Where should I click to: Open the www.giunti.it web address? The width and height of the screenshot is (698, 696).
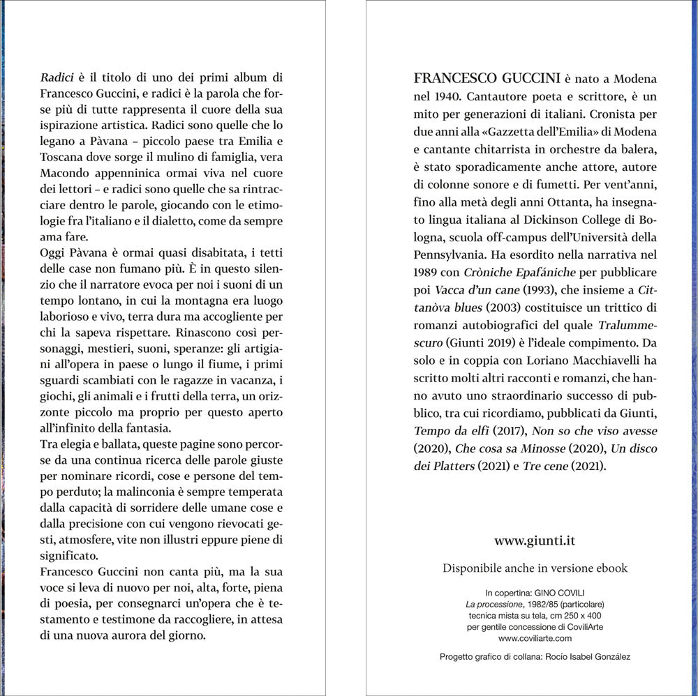coord(535,540)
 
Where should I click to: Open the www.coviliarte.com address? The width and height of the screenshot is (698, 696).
coord(535,637)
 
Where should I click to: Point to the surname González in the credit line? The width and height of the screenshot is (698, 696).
coord(607,657)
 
